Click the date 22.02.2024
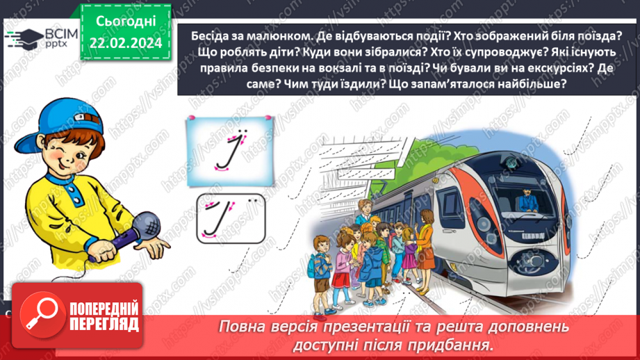pos(125,43)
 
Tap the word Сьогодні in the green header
pos(125,22)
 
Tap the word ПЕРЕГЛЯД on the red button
pos(103,324)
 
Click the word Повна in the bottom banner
pos(243,327)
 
